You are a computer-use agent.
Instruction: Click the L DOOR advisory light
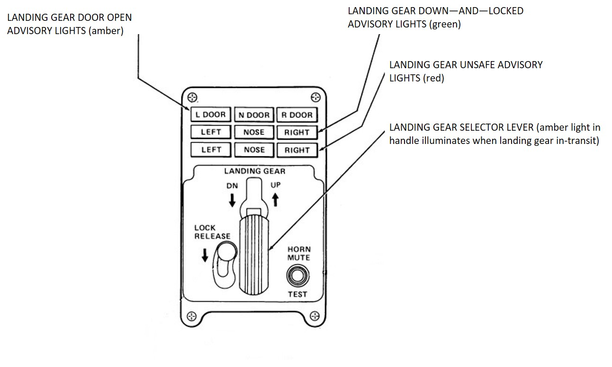[x=211, y=115]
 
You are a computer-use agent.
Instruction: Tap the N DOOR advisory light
[x=254, y=115]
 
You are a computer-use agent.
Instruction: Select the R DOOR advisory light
[x=297, y=115]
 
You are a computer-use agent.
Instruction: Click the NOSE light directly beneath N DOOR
[x=254, y=132]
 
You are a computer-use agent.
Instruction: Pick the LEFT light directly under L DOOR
[x=211, y=132]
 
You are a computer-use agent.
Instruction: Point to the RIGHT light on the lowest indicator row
[x=297, y=150]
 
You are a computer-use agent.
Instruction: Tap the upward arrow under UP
[x=275, y=199]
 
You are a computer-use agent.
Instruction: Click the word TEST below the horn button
[x=298, y=295]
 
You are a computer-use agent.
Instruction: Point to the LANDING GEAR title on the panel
[x=255, y=171]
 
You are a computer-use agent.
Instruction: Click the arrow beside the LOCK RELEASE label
[x=205, y=255]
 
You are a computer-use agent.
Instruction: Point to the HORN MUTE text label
[x=299, y=253]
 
